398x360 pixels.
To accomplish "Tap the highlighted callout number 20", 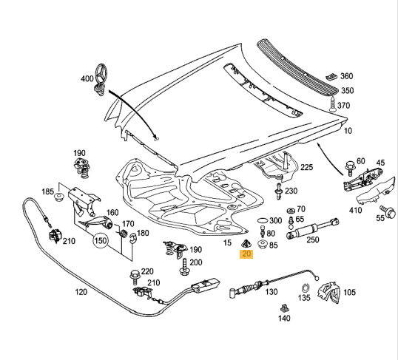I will pyautogui.click(x=246, y=254).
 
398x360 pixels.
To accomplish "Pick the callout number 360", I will pyautogui.click(x=345, y=76).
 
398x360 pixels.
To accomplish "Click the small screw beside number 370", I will pyautogui.click(x=333, y=103).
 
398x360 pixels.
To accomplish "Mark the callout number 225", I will pyautogui.click(x=306, y=168).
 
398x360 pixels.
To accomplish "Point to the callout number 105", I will pyautogui.click(x=349, y=292).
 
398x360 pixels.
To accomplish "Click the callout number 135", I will pyautogui.click(x=303, y=299).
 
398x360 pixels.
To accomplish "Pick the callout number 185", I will pyautogui.click(x=48, y=192).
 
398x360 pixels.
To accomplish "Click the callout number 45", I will pyautogui.click(x=380, y=163).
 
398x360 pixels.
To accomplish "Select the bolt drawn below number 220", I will pyautogui.click(x=135, y=282).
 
